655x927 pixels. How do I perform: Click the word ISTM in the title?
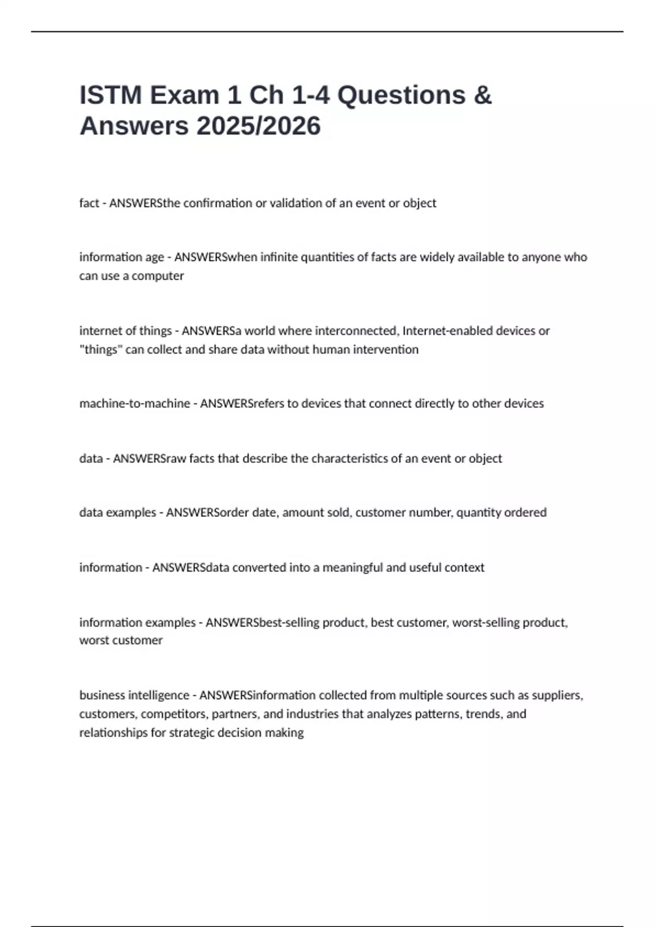click(x=111, y=95)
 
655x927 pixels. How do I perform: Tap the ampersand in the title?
click(x=482, y=95)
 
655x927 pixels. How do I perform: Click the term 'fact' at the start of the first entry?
click(x=89, y=203)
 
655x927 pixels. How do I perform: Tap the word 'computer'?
click(x=158, y=276)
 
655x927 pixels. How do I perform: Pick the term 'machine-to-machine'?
click(x=134, y=404)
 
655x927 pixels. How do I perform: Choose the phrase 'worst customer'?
click(x=121, y=640)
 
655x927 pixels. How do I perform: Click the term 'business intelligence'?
click(x=134, y=695)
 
